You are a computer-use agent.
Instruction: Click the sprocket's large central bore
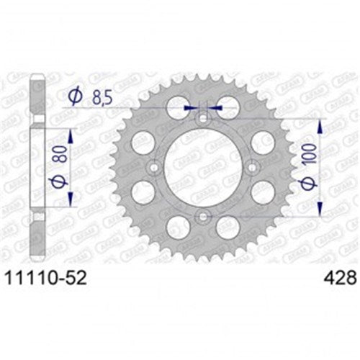tap(202, 166)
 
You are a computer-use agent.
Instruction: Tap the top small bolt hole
tap(202, 117)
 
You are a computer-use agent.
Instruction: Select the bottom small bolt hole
tap(202, 217)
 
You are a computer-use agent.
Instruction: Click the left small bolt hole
tap(153, 167)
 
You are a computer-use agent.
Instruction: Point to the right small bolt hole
tap(253, 167)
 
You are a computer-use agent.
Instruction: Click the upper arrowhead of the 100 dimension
tap(320, 121)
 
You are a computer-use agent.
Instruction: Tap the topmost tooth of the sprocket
tap(202, 72)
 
